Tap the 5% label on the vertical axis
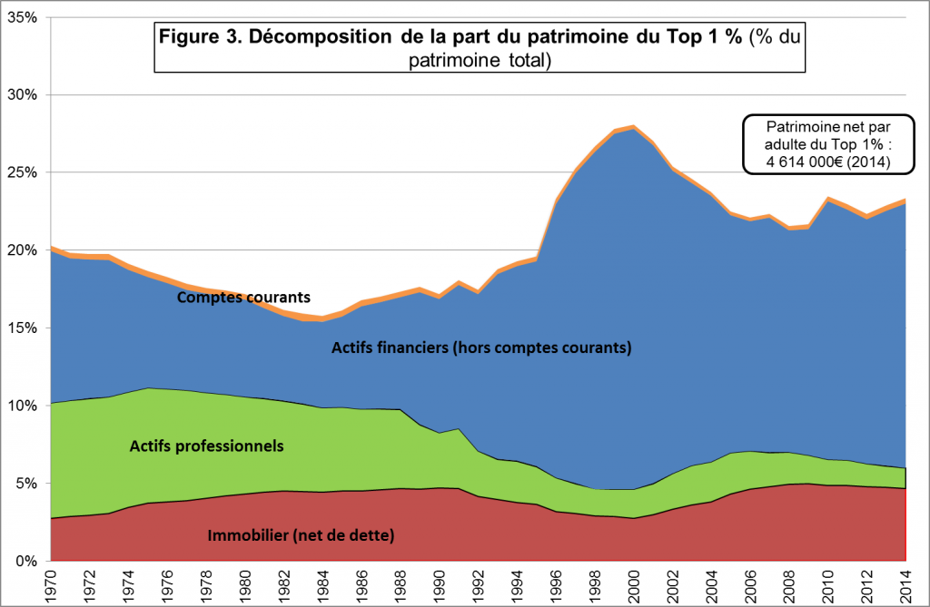click(27, 484)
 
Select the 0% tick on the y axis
click(27, 561)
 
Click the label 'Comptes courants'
click(243, 297)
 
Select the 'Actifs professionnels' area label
click(207, 445)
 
